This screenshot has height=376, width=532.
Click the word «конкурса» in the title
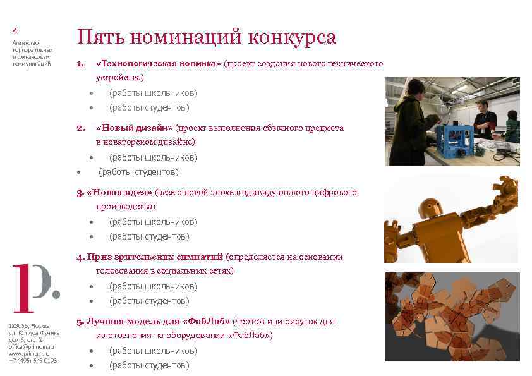pyautogui.click(x=292, y=38)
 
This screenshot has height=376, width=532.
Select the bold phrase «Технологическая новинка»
pyautogui.click(x=159, y=64)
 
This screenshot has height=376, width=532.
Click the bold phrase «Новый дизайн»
pyautogui.click(x=134, y=128)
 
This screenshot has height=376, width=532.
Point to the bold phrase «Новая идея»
pyautogui.click(x=119, y=193)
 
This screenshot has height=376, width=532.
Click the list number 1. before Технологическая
pyautogui.click(x=80, y=64)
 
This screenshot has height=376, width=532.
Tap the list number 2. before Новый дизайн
pyautogui.click(x=80, y=128)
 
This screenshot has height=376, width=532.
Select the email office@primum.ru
pyautogui.click(x=32, y=347)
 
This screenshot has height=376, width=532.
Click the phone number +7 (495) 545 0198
pyautogui.click(x=33, y=360)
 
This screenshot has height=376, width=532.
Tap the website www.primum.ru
pyautogui.click(x=29, y=354)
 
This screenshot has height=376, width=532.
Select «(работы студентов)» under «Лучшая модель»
pyautogui.click(x=149, y=365)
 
